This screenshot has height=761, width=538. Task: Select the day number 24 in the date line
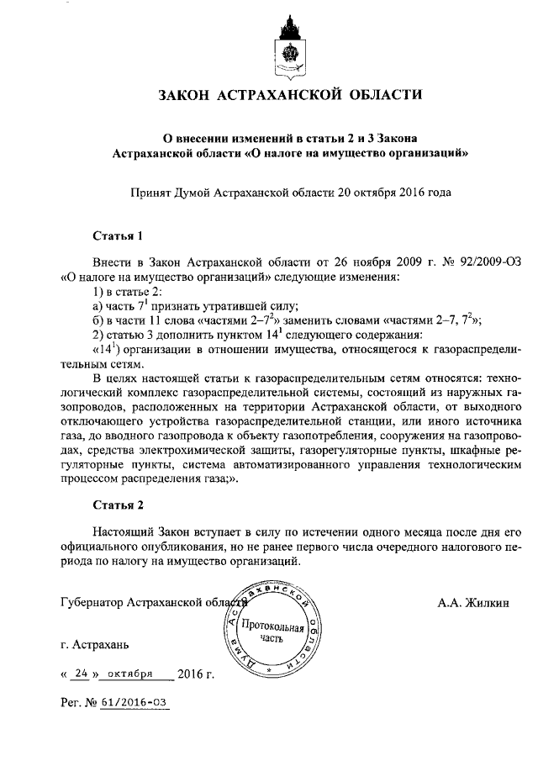82,674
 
